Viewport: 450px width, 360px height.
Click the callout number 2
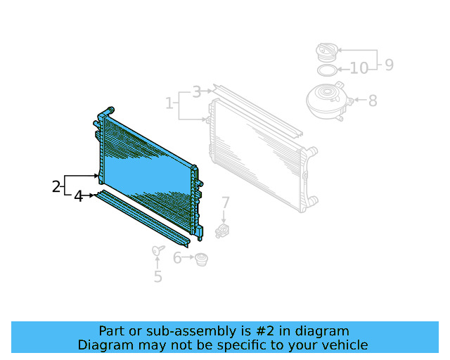(x=56, y=187)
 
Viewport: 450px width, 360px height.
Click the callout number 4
(x=79, y=197)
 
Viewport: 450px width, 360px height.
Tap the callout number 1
(x=169, y=104)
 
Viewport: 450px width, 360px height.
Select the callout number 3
(x=196, y=91)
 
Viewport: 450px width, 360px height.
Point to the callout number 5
(x=157, y=277)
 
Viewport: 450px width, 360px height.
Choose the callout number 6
(x=177, y=259)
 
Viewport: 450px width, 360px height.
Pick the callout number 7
(x=225, y=203)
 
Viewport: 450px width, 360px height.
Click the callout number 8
(x=372, y=101)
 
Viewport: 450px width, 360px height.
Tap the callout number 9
(x=387, y=65)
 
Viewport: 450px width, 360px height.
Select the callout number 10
(x=359, y=69)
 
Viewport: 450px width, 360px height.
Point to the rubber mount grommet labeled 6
(x=202, y=259)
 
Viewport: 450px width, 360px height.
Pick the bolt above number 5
(x=157, y=251)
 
